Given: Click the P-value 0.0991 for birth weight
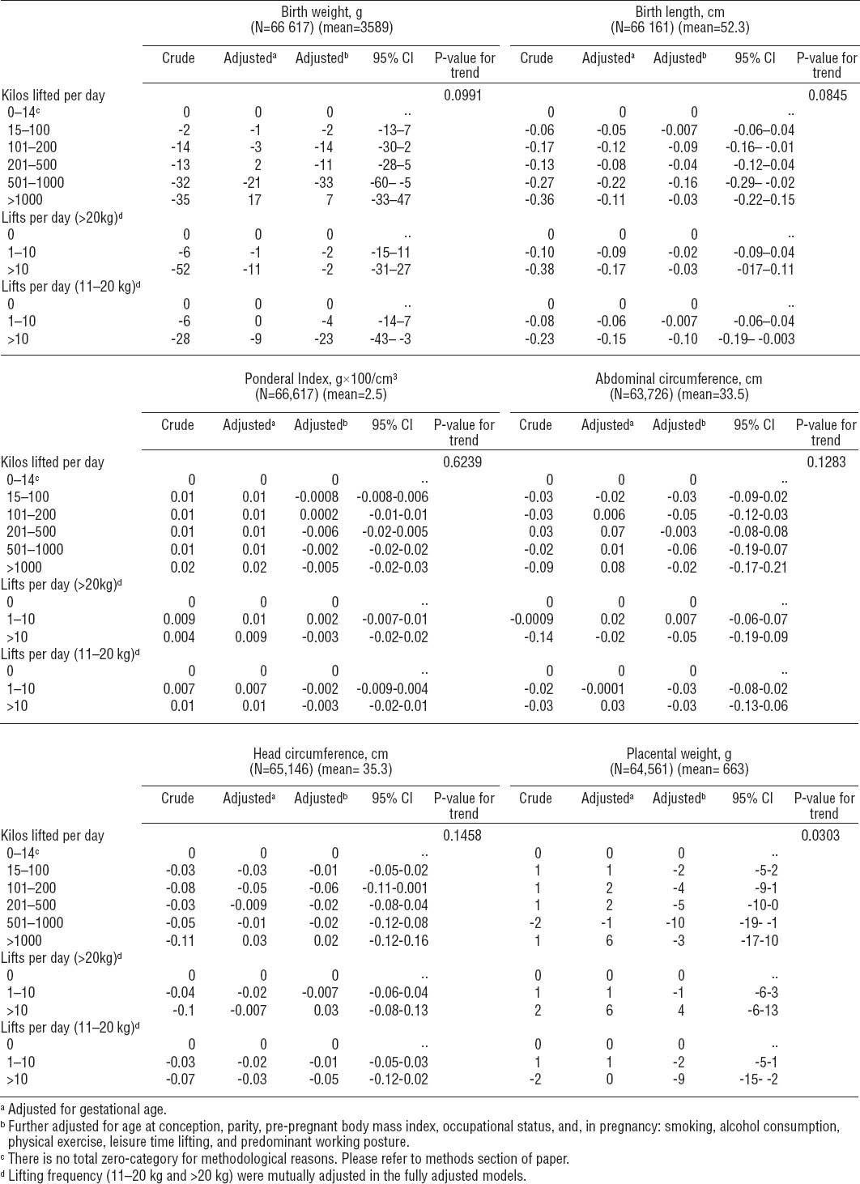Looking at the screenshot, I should click(x=462, y=96).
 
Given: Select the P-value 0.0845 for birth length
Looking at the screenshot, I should click(x=825, y=96).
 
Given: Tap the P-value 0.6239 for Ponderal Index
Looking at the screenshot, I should click(x=462, y=462).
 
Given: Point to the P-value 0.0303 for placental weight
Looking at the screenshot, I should click(x=820, y=836).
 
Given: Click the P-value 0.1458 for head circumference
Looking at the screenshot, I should click(x=462, y=836).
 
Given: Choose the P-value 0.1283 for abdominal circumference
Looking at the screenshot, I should click(x=825, y=462).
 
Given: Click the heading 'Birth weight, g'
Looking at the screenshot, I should click(x=321, y=12).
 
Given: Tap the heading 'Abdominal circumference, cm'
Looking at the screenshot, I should click(x=679, y=379).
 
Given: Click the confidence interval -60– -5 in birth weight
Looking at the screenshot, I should click(x=393, y=183).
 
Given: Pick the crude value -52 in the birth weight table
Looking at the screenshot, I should click(x=181, y=270).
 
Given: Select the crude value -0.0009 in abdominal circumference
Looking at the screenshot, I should click(x=531, y=620).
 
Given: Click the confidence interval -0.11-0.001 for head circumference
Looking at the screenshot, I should click(x=393, y=888).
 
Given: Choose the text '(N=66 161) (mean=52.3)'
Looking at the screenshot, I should click(x=679, y=28).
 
